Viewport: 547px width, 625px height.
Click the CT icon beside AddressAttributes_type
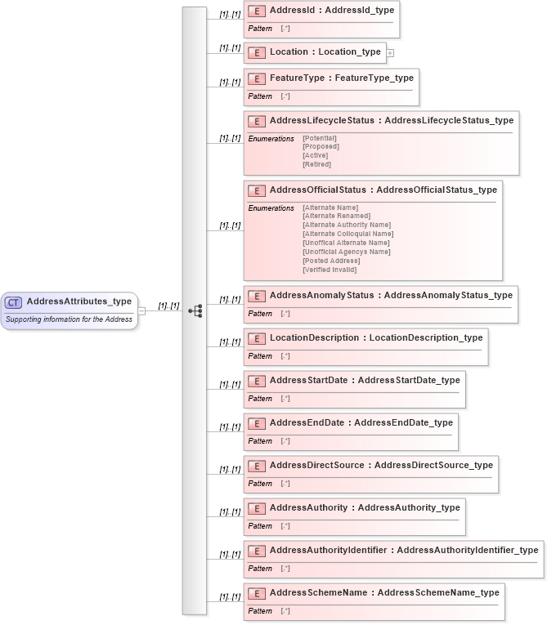click(x=14, y=301)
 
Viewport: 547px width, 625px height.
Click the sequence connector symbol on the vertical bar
click(x=195, y=311)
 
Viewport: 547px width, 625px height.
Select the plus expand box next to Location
click(x=390, y=53)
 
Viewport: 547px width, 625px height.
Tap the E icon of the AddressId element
click(x=257, y=12)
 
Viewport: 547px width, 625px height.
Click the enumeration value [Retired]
click(x=316, y=164)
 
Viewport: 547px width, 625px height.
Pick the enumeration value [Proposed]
click(x=321, y=147)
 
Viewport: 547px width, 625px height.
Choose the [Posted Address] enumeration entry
click(x=330, y=261)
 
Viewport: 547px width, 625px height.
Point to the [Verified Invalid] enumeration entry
click(x=330, y=270)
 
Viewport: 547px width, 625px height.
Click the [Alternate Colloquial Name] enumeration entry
click(x=347, y=234)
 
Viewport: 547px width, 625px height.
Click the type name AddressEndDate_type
click(x=403, y=422)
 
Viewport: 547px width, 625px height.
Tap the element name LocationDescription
click(x=314, y=337)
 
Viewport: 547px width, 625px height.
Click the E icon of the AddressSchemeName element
click(x=257, y=592)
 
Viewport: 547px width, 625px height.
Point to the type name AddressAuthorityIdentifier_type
click(x=468, y=550)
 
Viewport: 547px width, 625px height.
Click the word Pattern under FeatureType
click(x=260, y=96)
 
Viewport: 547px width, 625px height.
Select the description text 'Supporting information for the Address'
click(x=69, y=319)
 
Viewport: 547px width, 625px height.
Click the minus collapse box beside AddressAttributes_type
click(x=142, y=310)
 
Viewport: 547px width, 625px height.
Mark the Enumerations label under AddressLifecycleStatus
click(x=271, y=139)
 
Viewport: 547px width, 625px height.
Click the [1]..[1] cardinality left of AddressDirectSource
click(x=230, y=469)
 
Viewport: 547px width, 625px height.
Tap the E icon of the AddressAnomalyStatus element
click(x=257, y=295)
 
